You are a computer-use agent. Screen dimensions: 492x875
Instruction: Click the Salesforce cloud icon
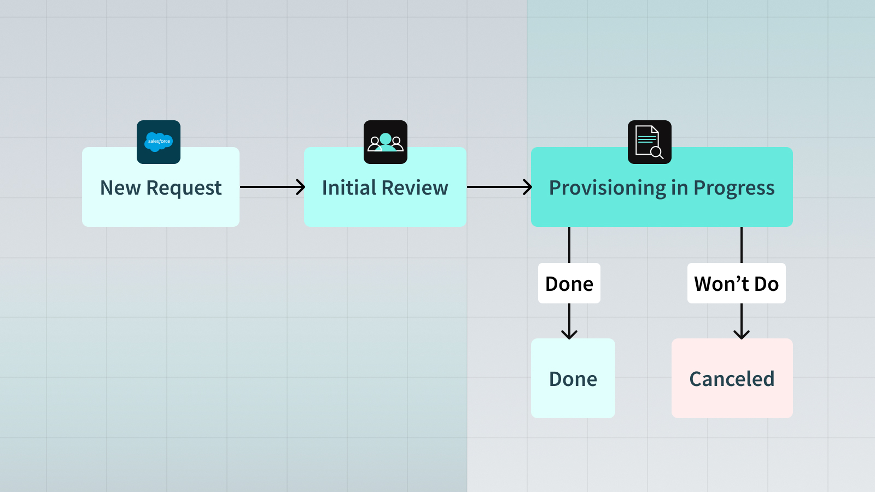point(159,142)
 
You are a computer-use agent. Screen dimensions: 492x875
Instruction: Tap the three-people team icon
point(386,142)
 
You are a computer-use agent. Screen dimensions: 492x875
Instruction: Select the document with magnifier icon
point(649,142)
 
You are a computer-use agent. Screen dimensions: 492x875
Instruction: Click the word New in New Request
point(120,188)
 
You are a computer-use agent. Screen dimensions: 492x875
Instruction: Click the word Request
point(184,188)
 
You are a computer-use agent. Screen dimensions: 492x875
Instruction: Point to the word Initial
point(349,188)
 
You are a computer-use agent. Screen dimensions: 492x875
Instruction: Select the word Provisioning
point(607,188)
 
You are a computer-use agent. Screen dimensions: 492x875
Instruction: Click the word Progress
point(734,188)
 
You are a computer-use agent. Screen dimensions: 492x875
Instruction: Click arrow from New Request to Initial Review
point(272,187)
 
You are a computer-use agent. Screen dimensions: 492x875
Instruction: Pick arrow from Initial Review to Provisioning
point(499,187)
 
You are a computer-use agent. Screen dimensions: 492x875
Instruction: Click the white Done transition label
point(569,284)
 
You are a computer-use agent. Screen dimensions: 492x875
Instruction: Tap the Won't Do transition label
point(736,284)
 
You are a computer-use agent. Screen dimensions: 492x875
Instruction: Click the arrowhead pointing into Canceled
point(742,334)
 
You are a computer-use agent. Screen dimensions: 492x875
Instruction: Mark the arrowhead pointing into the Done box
point(569,334)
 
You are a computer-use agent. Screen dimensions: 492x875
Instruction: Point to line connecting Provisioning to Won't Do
point(742,244)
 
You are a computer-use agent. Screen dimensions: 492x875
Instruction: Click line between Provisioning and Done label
point(569,244)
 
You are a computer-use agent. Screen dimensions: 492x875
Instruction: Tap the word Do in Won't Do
point(766,284)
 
